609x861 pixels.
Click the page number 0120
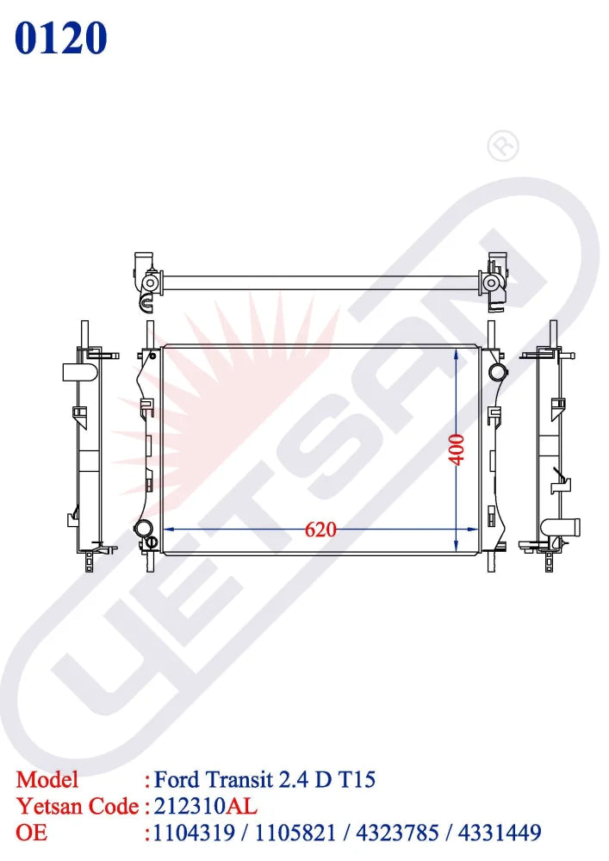coord(61,38)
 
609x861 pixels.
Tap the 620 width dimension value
coord(320,530)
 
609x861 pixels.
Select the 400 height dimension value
coord(457,449)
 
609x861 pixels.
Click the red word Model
coord(47,780)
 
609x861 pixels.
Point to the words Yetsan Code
coord(78,806)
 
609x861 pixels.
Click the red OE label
coord(31,833)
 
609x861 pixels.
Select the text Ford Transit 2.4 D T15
coord(264,780)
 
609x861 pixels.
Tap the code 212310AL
coord(205,806)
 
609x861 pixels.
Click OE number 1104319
coord(194,833)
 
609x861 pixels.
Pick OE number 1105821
coord(295,833)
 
